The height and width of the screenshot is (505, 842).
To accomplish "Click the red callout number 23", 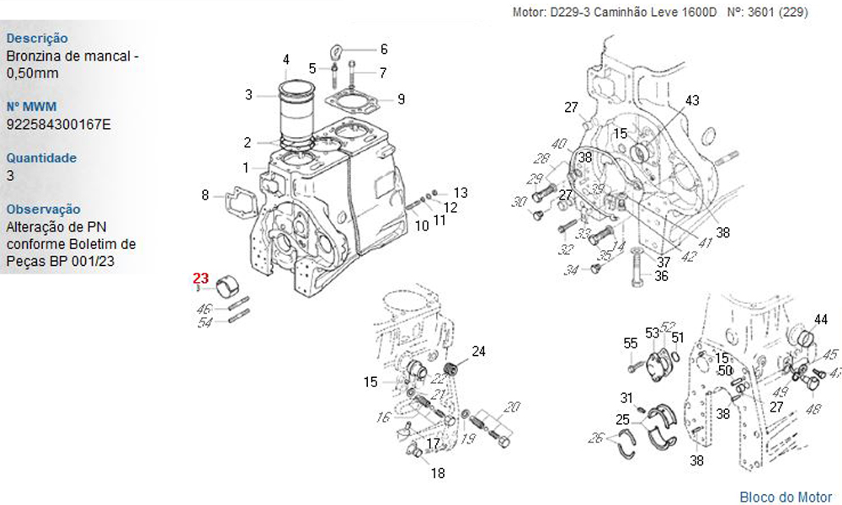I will coord(200,278).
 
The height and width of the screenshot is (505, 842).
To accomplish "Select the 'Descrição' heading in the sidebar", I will coord(37,38).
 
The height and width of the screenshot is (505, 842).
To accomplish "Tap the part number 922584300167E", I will coord(58,125).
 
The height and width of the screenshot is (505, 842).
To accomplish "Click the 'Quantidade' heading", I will coord(41,157).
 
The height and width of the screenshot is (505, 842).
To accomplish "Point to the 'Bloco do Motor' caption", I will coord(786,497).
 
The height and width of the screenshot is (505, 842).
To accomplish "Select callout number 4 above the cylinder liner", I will coord(286,60).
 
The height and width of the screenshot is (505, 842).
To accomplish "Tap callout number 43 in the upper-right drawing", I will coord(692,100).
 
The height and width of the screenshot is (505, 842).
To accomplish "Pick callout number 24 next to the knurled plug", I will coord(478,351).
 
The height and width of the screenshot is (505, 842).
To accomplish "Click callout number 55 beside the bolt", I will coord(630,343).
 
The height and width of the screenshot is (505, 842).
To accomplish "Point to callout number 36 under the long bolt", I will coord(661,275).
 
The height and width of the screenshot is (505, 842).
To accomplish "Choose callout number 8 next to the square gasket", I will coord(205,195).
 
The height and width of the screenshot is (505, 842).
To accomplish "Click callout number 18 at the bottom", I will coord(438,473).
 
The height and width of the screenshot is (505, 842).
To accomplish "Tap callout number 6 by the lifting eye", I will coord(383,48).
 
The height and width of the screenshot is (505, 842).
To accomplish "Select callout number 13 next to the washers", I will coord(460,193).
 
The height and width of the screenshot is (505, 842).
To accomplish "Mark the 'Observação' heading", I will coord(44,209).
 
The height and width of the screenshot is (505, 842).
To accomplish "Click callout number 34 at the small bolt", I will coord(571,270).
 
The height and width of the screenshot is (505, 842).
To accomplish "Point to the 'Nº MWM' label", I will coord(30,107).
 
